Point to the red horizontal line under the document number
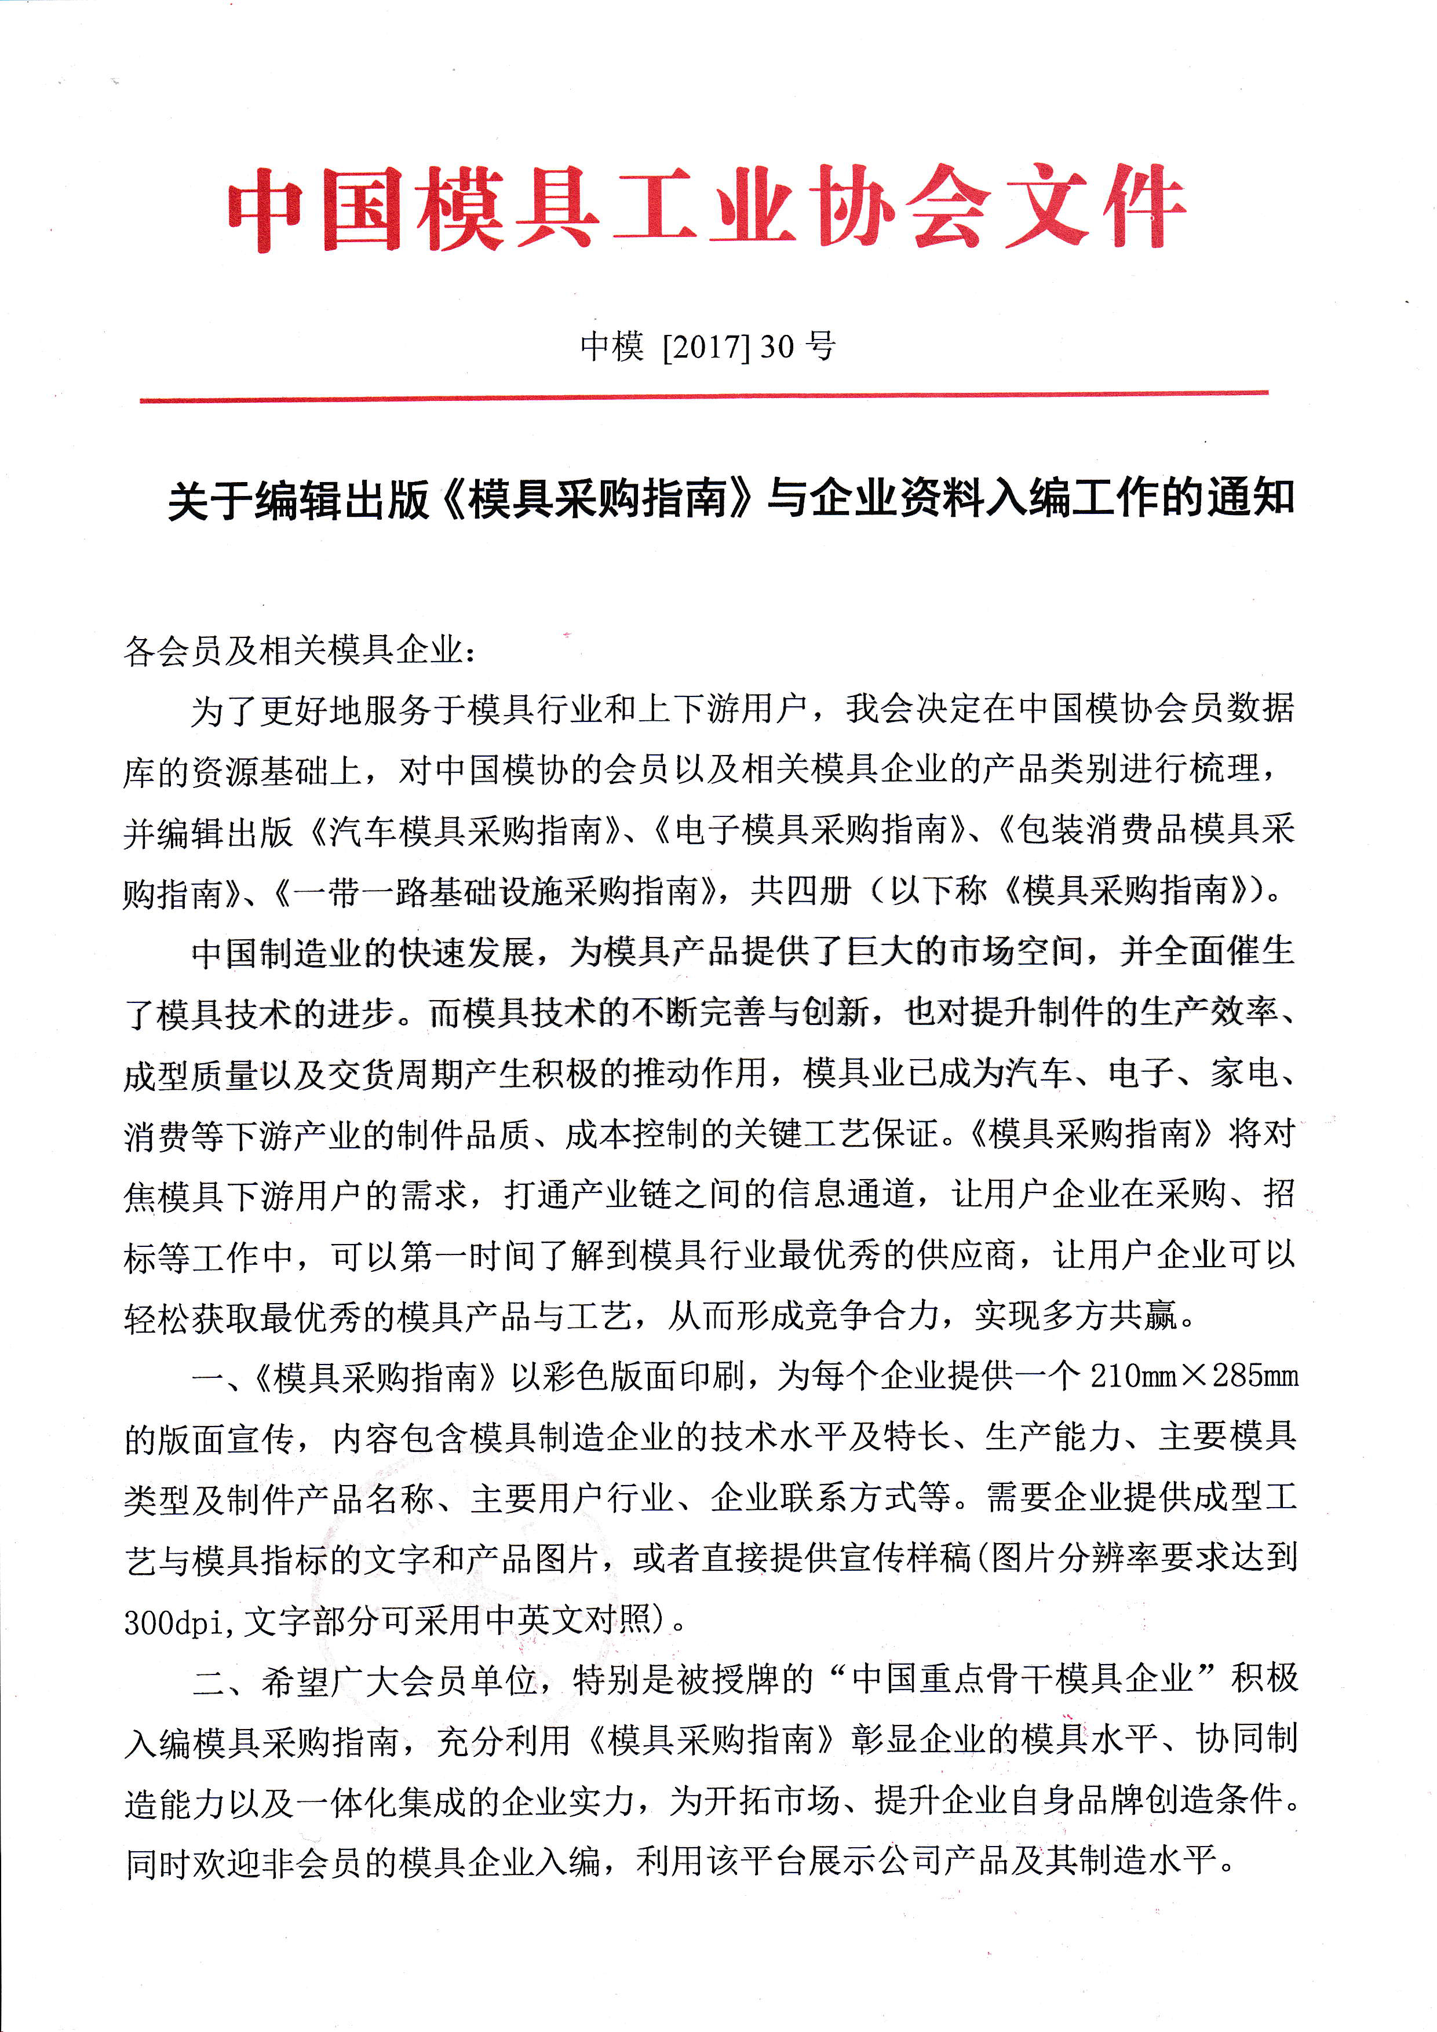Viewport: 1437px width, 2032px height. tap(703, 396)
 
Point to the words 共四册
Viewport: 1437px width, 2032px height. tap(801, 891)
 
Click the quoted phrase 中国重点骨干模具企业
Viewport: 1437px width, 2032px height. tap(1022, 1680)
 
